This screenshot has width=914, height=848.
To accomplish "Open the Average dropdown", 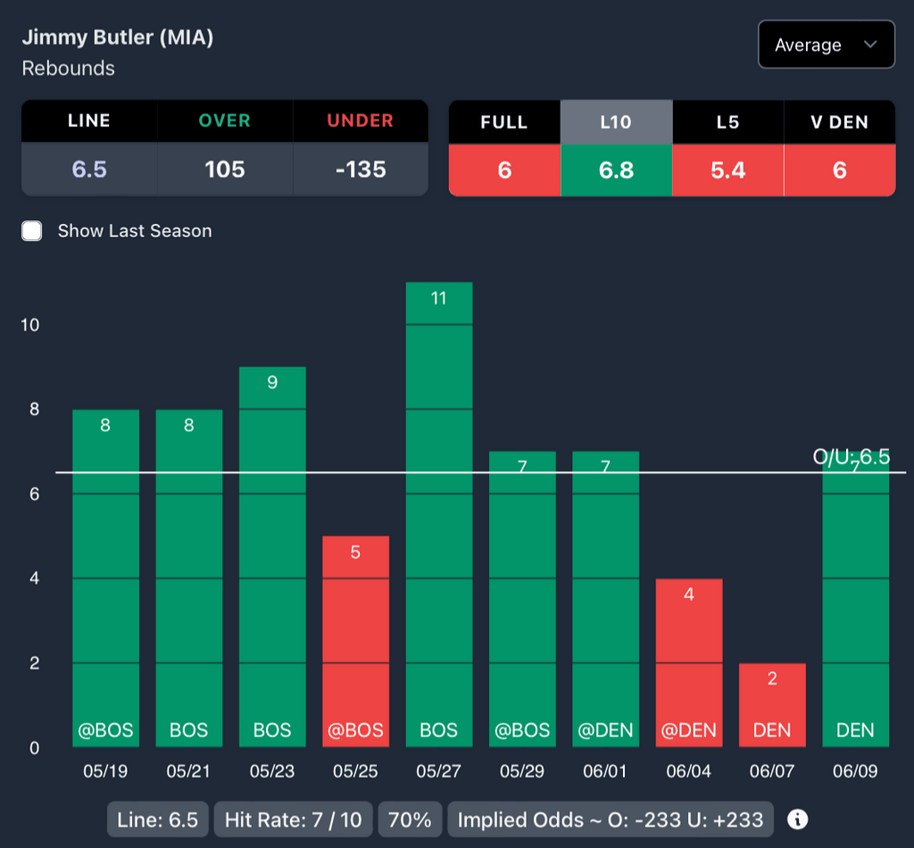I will pos(826,45).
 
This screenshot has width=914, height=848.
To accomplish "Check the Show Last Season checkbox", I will pos(32,231).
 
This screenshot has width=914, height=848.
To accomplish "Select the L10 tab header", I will pos(616,122).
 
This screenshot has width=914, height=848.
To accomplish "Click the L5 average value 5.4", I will pos(727,170).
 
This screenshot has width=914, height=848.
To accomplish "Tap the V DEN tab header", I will pos(839,122).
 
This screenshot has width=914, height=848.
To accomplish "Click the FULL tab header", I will pos(504,122).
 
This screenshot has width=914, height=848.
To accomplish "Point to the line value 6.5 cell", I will pos(89,170).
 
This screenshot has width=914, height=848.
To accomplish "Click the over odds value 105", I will pos(225,170).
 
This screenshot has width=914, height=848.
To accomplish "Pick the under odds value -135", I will pos(361,170).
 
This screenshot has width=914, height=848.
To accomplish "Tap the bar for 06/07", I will pos(772,705).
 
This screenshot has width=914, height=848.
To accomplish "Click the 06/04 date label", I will pos(688,771).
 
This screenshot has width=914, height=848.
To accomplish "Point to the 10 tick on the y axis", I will pos(30,325).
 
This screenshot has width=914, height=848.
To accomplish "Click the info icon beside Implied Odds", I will pos(798,819).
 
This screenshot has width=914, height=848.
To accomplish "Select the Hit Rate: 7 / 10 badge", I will pos(294,819).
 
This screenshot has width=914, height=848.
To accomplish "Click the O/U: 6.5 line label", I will pos(851,457).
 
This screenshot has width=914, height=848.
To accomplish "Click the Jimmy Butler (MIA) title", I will pos(117,37).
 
